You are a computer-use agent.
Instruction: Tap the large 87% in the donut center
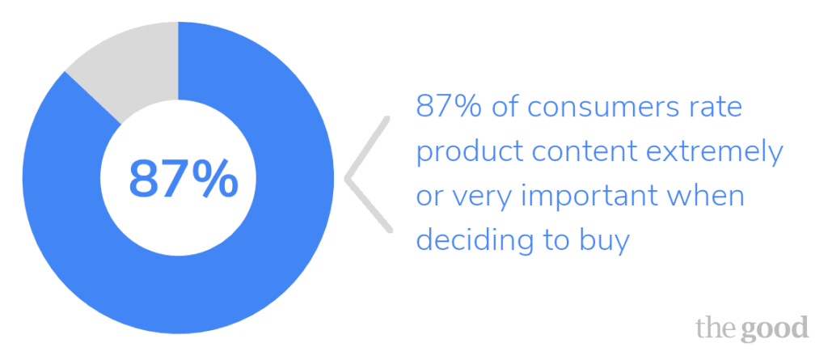[x=184, y=179]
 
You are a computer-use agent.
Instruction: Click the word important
[x=599, y=197]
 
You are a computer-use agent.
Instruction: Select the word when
[x=712, y=197]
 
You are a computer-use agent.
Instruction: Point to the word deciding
[x=468, y=241]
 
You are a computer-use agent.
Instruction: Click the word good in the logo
[x=777, y=328]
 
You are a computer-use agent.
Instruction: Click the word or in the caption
[x=429, y=197]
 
